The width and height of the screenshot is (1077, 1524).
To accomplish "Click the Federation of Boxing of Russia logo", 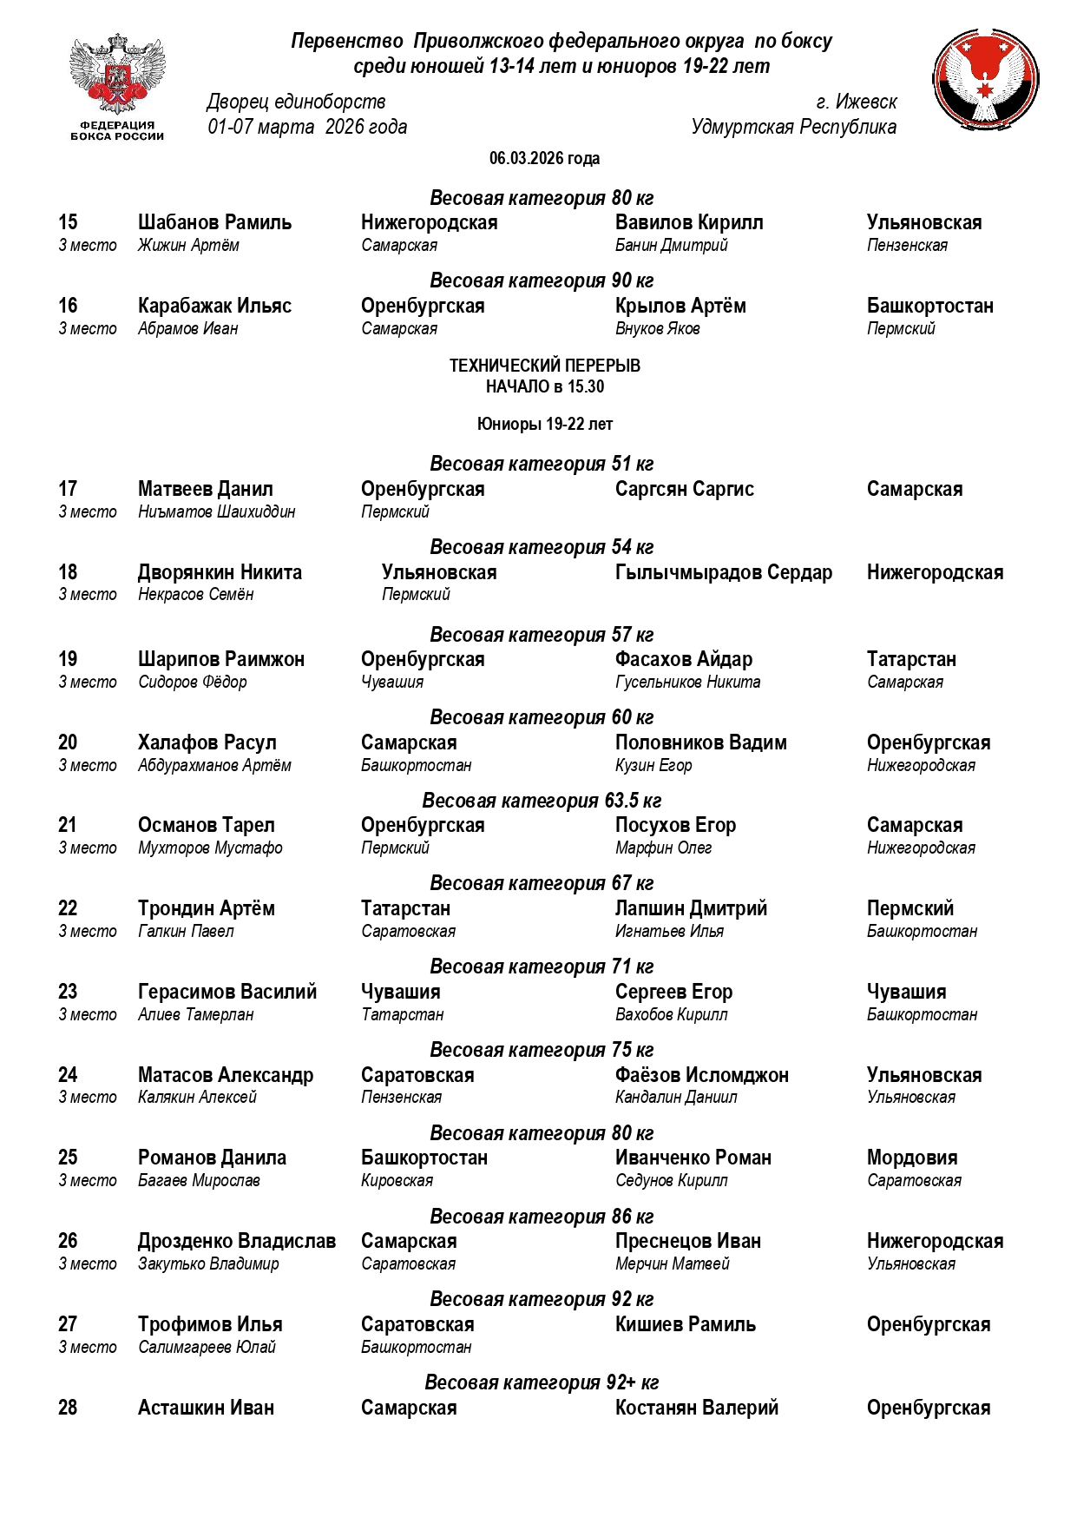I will (x=117, y=86).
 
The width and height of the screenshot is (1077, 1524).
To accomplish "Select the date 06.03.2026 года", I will (x=544, y=158).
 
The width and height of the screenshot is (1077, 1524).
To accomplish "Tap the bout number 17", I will (x=68, y=489).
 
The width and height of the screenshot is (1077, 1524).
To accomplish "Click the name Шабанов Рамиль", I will (x=214, y=222).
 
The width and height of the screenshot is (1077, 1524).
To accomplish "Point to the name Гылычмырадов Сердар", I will (x=723, y=572).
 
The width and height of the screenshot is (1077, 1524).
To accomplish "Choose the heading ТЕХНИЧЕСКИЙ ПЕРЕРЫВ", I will (x=544, y=366).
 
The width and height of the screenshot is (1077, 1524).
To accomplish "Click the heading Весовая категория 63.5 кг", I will (x=542, y=801).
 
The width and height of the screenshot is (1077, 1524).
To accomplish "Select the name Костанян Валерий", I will (x=696, y=1408).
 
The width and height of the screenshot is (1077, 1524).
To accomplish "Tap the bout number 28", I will (x=68, y=1408).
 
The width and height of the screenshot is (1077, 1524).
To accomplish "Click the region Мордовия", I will (x=911, y=1158).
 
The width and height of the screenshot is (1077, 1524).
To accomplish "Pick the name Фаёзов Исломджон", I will (x=701, y=1075).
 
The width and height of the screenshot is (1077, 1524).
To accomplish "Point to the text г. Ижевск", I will (x=856, y=102).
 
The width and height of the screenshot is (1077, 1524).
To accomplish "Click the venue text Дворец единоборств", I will (x=296, y=102).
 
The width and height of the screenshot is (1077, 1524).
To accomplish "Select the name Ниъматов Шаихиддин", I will (x=216, y=511).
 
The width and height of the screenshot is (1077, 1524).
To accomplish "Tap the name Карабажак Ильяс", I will (x=214, y=306).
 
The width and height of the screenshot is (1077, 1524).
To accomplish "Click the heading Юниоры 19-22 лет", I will (x=544, y=424).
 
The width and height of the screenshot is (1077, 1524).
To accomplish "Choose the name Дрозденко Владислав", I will (x=236, y=1241).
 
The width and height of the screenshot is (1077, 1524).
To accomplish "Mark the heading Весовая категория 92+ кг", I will (x=542, y=1382).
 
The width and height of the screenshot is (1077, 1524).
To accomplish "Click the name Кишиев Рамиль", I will (x=685, y=1324).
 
